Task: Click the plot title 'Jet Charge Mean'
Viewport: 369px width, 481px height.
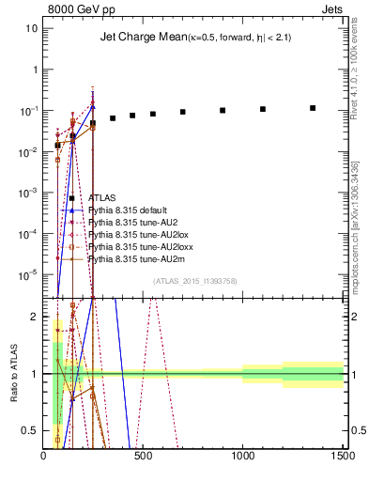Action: (x=138, y=39)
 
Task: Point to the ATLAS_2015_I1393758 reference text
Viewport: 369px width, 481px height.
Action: (x=195, y=281)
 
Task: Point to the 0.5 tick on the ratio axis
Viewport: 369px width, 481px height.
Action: (x=31, y=430)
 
